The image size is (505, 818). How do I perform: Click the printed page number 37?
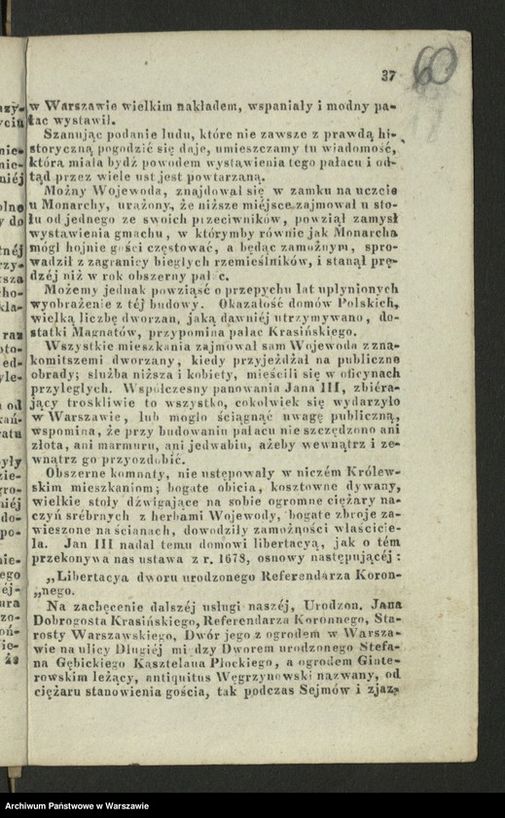pos(389,75)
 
